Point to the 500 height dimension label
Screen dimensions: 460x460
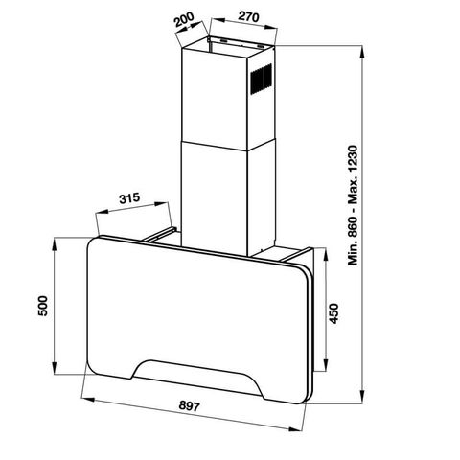point(38,307)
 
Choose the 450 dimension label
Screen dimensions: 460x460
point(334,313)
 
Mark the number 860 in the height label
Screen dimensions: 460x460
point(354,230)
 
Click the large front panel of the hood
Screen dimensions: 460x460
point(192,307)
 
